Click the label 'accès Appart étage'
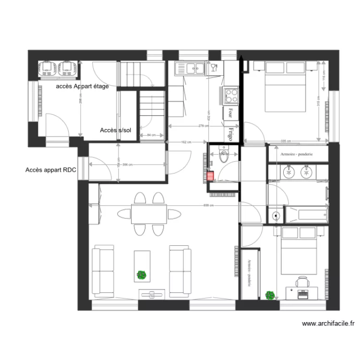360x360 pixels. click(x=82, y=86)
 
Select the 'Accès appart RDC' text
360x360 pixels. click(x=50, y=170)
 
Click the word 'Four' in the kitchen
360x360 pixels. click(x=231, y=112)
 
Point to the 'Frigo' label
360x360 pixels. click(x=231, y=134)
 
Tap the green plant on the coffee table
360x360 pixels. click(x=141, y=275)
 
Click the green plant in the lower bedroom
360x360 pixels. click(x=271, y=295)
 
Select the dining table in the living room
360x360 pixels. click(x=149, y=213)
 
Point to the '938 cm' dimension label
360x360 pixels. click(x=208, y=205)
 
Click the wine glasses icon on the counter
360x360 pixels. click(x=214, y=68)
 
